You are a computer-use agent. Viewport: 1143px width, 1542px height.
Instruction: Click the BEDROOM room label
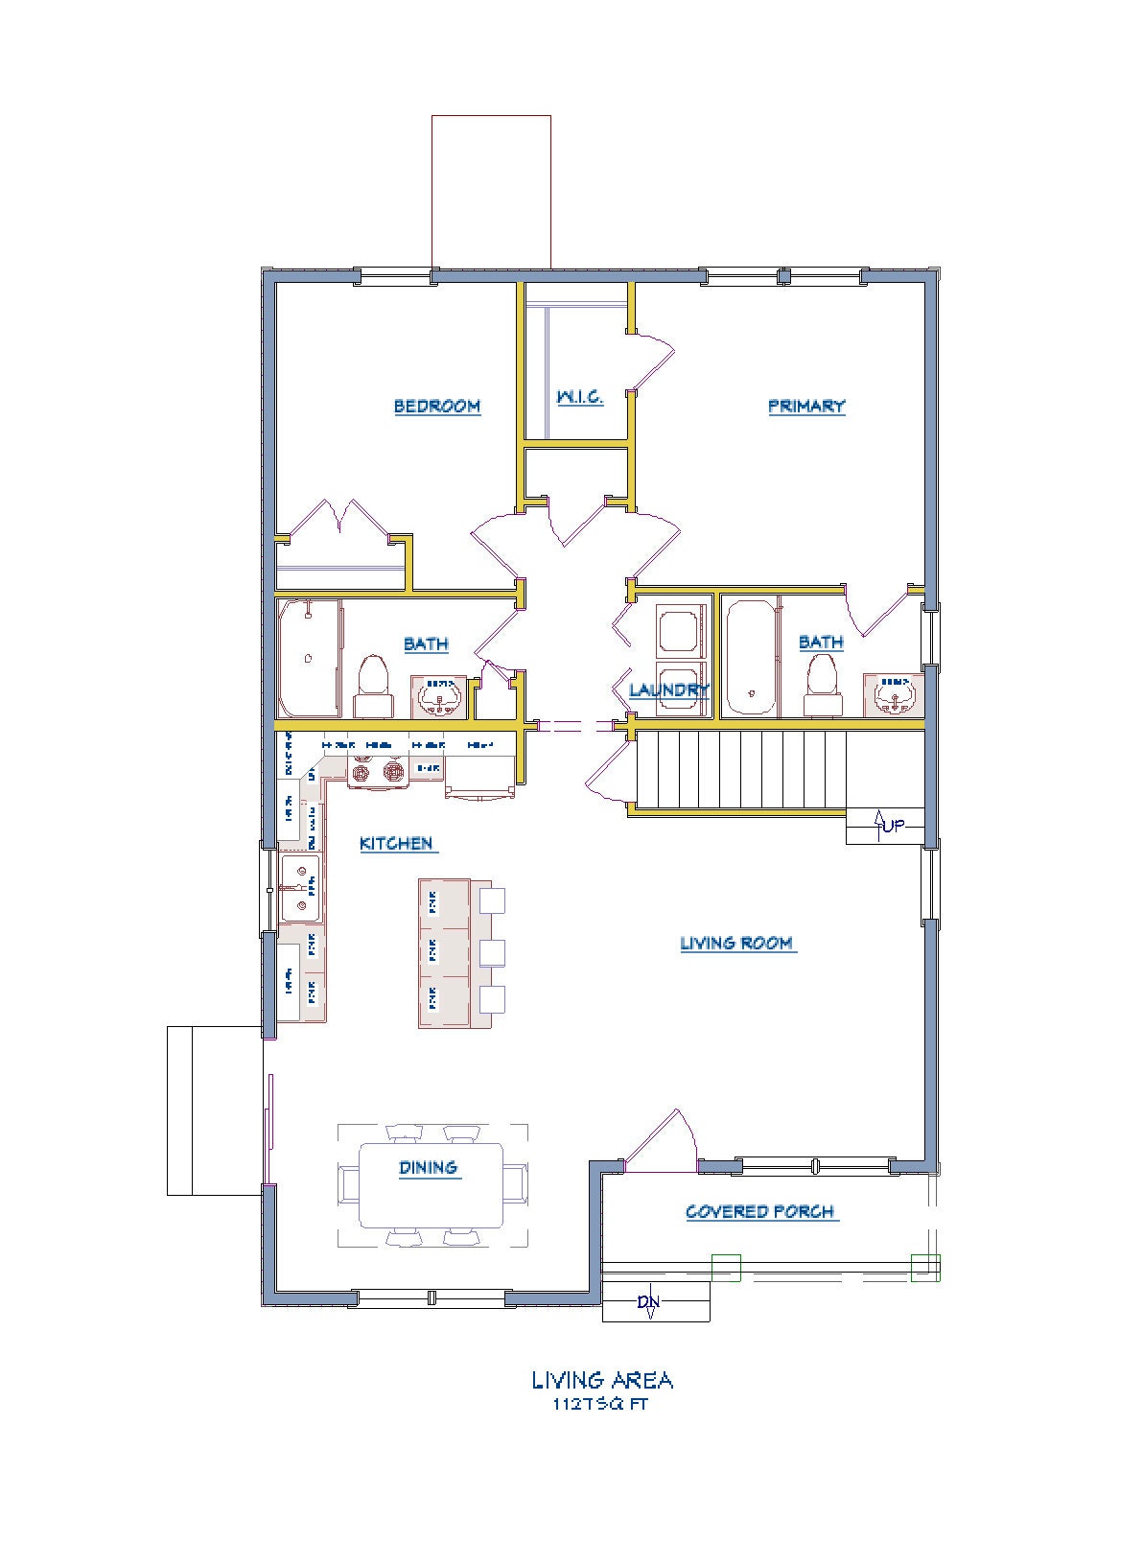tap(436, 406)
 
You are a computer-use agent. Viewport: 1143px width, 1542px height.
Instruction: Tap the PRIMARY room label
tap(806, 406)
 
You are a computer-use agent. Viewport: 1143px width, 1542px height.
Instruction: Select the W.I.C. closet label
tap(580, 396)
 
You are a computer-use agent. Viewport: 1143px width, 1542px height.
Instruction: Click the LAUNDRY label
tap(668, 689)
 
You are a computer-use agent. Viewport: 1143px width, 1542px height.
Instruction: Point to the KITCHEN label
tap(396, 844)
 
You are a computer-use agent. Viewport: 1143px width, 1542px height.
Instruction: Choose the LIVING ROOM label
tap(736, 944)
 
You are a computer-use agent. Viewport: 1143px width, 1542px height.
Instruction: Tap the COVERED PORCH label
tap(760, 1212)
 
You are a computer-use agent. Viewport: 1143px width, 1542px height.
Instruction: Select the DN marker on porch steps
tap(649, 1302)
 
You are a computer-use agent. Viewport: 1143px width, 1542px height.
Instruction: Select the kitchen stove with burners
tap(378, 770)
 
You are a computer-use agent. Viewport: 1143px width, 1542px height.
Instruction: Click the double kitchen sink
tap(300, 889)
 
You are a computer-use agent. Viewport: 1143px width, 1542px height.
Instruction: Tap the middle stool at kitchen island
tap(491, 951)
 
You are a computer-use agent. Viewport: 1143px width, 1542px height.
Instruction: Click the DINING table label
tap(429, 1168)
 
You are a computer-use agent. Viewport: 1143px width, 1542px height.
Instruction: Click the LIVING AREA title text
tap(602, 1380)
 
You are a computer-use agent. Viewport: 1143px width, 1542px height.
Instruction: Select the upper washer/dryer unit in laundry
tap(679, 628)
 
